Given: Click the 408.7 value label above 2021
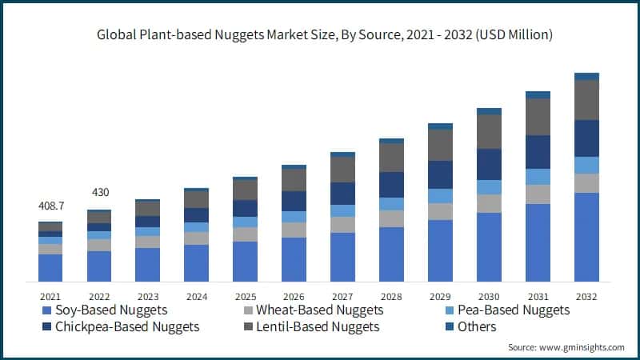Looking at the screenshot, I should (x=51, y=206).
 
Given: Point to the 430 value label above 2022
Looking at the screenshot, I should (x=99, y=193).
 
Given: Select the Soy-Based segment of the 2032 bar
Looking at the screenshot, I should (x=586, y=237).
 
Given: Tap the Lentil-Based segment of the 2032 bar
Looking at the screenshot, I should (x=586, y=100).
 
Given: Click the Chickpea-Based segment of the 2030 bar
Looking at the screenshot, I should (x=489, y=164).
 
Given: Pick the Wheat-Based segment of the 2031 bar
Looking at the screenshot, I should (x=538, y=194).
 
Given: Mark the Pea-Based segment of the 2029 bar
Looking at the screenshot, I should (x=440, y=196).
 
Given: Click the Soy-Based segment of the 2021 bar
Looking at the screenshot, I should (x=50, y=267).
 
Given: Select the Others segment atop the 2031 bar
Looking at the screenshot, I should (x=538, y=94).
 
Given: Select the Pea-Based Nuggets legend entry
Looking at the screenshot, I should (x=513, y=310).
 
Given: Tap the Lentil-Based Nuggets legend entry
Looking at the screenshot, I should (x=315, y=326).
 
